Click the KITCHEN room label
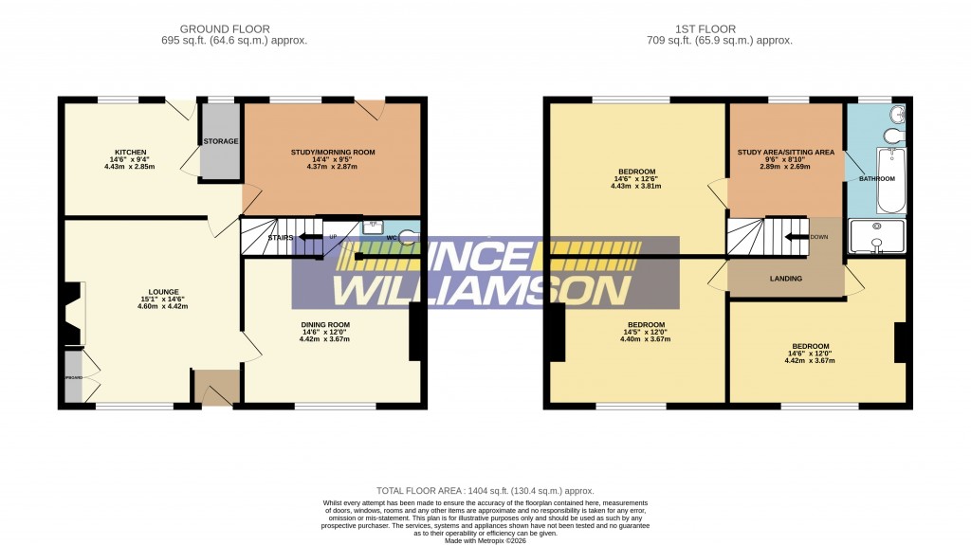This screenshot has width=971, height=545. point(130,152)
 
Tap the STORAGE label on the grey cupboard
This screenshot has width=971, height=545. point(221,141)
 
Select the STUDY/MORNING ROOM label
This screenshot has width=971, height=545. point(333,152)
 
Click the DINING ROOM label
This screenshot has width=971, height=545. point(326,325)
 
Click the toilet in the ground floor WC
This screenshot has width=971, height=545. point(410,237)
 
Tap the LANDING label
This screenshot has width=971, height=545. point(786,279)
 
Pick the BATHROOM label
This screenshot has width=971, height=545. point(876,178)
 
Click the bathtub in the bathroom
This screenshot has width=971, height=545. point(891,180)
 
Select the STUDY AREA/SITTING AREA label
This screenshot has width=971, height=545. point(786,152)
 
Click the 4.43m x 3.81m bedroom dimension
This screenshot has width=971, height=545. point(635,186)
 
